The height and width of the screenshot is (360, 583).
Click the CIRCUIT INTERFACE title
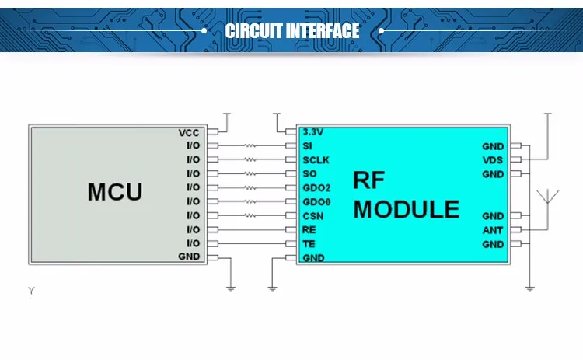[x=292, y=31]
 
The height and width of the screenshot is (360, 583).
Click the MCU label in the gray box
[x=115, y=192]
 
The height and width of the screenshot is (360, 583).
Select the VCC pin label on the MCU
[x=189, y=133]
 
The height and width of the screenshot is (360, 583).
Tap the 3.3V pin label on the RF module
[x=313, y=131]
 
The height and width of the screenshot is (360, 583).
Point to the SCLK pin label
[x=316, y=160]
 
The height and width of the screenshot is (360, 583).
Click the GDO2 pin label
[x=316, y=188]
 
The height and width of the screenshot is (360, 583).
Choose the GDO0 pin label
[x=316, y=202]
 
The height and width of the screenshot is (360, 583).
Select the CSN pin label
[x=313, y=216]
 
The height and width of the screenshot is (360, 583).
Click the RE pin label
[x=309, y=230]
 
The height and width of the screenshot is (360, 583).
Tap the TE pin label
[x=309, y=244]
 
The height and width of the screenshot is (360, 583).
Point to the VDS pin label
[x=493, y=160]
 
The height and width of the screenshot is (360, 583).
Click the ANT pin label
[x=493, y=230]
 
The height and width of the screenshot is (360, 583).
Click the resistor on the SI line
[x=250, y=145]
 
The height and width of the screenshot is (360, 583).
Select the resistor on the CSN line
[x=250, y=215]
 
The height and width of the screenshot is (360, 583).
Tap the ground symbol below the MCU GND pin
[x=231, y=288]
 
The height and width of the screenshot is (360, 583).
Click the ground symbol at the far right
[x=530, y=288]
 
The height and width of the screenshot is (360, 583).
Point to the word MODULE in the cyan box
[x=407, y=209]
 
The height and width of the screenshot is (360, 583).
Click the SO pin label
[x=309, y=173]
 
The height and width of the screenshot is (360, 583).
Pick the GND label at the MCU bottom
[x=189, y=257]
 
